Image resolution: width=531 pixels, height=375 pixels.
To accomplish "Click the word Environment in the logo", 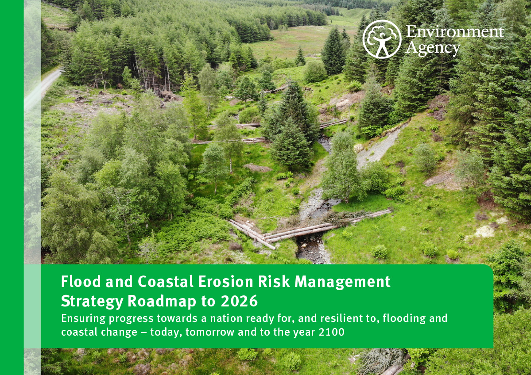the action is [454, 32].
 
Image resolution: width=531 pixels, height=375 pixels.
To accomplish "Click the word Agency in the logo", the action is [433, 48].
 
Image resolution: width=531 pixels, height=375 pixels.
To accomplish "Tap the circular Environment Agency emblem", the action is [382, 39].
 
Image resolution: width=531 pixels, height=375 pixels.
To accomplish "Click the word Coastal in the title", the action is [166, 281].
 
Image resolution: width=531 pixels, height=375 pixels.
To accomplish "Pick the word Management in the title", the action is [343, 281].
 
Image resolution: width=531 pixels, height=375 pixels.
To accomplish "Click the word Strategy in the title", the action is [92, 302].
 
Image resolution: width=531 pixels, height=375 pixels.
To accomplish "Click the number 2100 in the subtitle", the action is [332, 332].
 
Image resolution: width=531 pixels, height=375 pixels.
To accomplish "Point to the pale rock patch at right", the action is [485, 231].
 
